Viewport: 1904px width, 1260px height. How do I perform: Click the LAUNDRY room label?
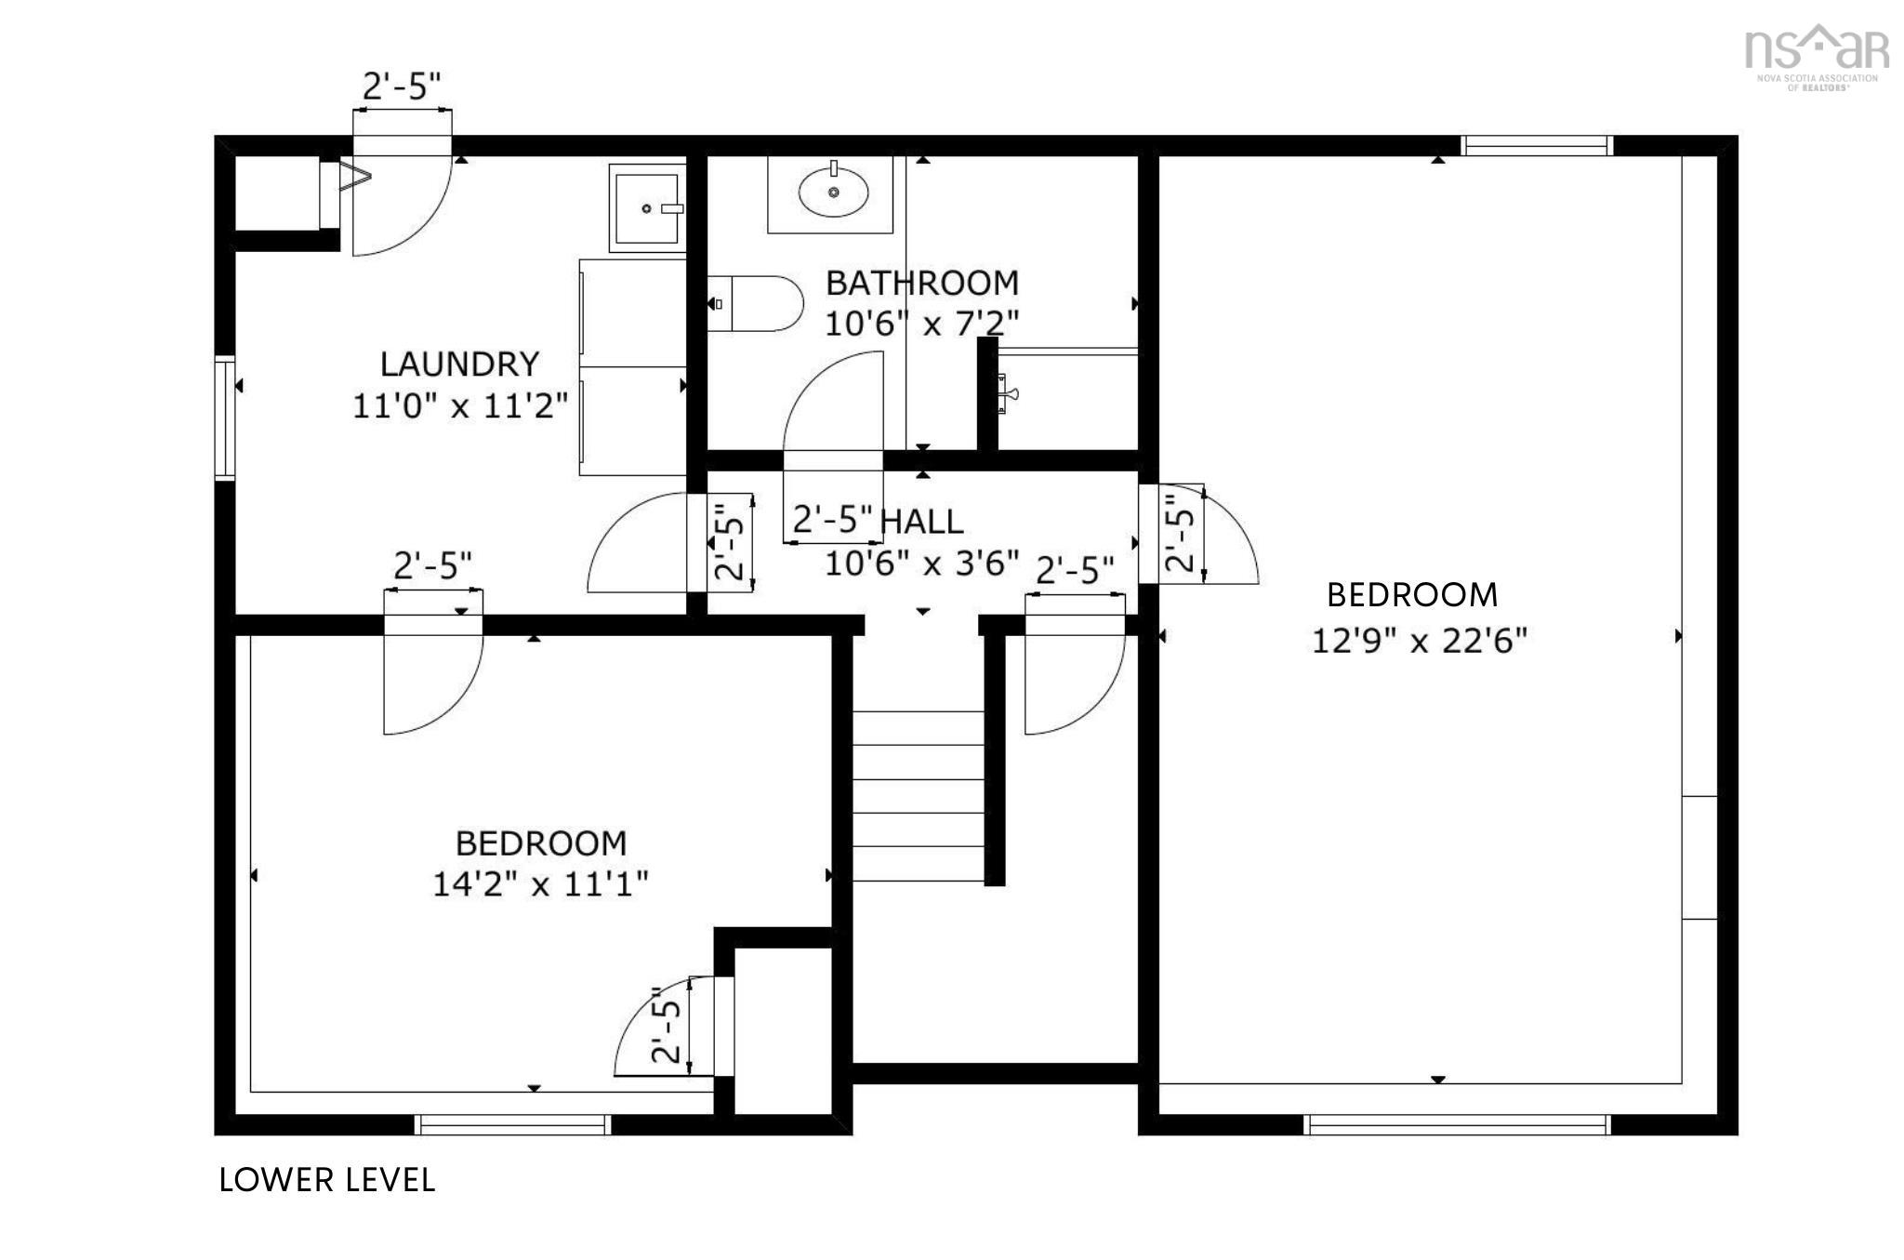(459, 363)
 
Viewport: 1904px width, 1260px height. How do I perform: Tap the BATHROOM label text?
(922, 283)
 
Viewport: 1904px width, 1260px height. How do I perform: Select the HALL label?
(921, 522)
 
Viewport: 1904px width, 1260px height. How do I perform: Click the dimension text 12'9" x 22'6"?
(1419, 641)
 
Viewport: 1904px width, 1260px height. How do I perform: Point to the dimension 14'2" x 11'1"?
(540, 883)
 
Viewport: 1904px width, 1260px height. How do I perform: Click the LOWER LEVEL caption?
(327, 1180)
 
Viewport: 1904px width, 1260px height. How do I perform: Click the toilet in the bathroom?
(755, 304)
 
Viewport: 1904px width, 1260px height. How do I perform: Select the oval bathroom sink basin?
(833, 192)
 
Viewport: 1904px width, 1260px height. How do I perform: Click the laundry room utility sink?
(647, 208)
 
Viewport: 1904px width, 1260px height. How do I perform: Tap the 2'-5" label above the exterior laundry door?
(401, 86)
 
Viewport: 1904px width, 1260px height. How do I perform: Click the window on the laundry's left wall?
(224, 418)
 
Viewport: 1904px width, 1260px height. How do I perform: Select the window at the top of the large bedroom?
(1535, 145)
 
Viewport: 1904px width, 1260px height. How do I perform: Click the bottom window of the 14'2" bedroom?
(512, 1125)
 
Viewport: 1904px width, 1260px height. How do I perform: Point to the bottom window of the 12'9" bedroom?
(1457, 1125)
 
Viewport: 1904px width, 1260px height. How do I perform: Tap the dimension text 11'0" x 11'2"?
(459, 406)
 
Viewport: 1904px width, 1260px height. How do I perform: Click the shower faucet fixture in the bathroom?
(1005, 392)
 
